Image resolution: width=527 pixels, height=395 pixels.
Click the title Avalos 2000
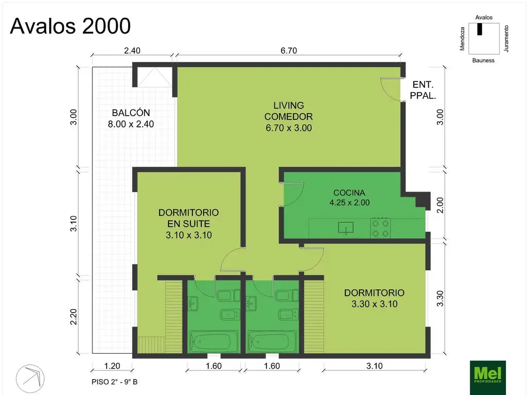70,26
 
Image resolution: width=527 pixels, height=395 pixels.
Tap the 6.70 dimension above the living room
289,51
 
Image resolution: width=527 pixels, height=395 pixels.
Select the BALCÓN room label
131,113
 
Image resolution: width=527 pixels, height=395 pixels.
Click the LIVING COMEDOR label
288,111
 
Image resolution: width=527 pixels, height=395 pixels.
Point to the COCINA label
349,193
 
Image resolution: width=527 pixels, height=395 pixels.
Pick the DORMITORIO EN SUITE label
188,218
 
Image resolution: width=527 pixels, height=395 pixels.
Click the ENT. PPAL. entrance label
423,90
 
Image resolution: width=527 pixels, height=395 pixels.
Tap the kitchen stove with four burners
380,228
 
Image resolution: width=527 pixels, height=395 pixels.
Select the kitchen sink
346,228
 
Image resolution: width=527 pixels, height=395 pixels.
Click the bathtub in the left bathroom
210,342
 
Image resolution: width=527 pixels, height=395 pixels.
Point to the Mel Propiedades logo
488,377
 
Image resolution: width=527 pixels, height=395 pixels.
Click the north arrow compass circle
30,379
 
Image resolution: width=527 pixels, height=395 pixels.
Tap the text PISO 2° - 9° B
114,382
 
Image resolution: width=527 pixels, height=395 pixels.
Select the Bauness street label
483,61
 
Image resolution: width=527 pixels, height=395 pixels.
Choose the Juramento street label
506,39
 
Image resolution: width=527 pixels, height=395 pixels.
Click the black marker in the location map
480,29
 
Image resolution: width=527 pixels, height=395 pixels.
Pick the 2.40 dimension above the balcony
132,51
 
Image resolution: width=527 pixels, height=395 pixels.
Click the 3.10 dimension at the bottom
375,366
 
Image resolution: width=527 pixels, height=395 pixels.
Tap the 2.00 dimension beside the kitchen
440,205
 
